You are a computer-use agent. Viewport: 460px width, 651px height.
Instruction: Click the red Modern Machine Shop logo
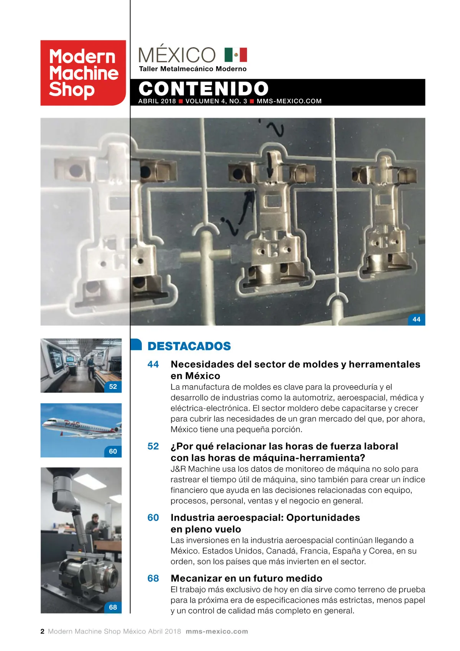coord(83,73)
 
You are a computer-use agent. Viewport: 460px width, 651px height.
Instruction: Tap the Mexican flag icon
coord(236,55)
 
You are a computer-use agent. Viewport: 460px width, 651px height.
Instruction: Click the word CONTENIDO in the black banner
coord(203,89)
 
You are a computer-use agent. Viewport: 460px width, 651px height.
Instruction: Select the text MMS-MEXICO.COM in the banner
coord(289,101)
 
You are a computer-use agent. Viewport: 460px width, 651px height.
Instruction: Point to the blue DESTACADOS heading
coord(189,346)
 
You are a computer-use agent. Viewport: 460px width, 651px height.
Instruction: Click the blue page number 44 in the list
coord(153,364)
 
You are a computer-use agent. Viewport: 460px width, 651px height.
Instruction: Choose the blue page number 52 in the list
coord(153,446)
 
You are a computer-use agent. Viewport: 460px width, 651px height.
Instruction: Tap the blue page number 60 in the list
coord(153,518)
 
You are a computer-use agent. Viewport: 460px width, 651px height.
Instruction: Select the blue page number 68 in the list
coord(153,578)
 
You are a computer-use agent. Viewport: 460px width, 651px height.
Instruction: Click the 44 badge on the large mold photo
coord(416,319)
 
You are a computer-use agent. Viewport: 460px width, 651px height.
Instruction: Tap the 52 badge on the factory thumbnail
coord(113,386)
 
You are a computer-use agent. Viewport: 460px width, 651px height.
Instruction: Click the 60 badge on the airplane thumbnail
coord(113,451)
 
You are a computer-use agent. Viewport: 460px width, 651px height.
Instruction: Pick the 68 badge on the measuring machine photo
coord(113,607)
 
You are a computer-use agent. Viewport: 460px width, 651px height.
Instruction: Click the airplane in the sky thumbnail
coord(77,426)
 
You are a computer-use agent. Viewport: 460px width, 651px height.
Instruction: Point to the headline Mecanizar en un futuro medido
coord(246,578)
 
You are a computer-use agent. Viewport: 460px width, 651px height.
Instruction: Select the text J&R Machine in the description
coord(194,469)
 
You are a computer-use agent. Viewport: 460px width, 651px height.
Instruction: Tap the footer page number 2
coord(43,631)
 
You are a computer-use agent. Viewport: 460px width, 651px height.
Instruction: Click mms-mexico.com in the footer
coord(217,631)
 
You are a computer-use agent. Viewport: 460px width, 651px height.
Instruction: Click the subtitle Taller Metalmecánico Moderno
coord(193,69)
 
